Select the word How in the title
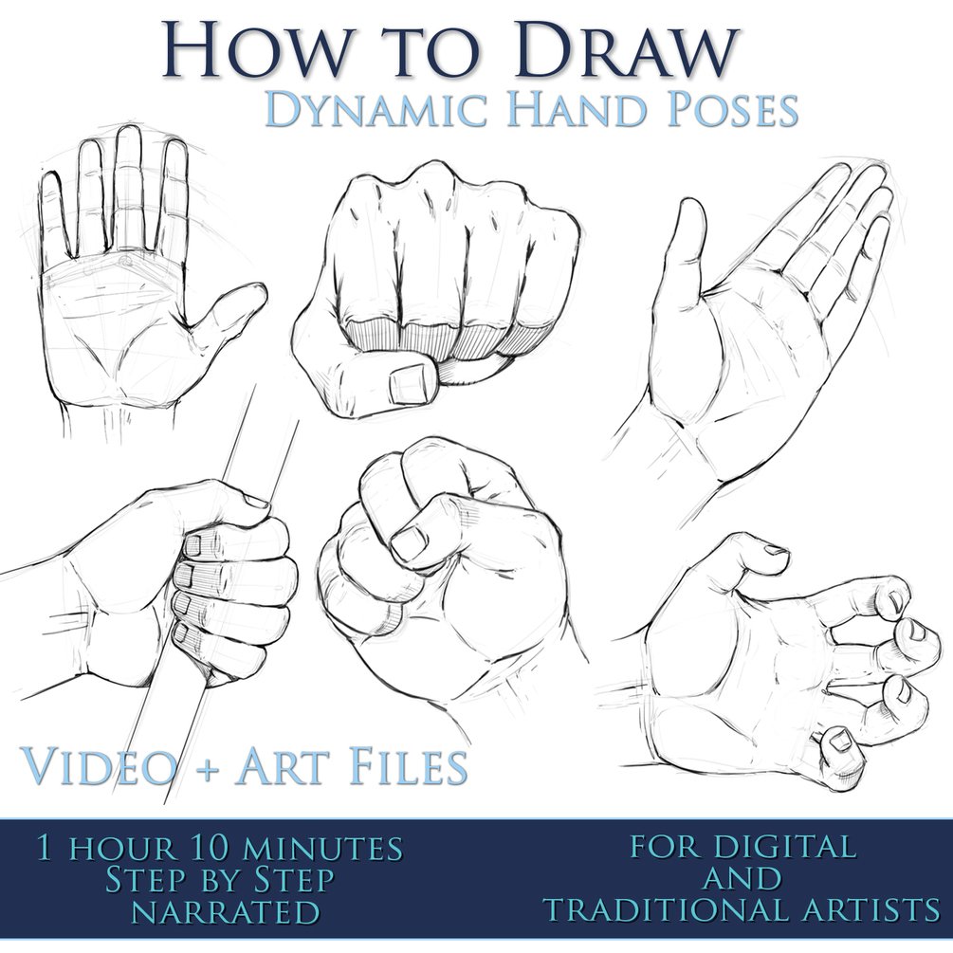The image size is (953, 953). (251, 49)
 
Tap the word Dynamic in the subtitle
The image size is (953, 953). (376, 109)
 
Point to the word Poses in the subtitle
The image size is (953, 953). (732, 109)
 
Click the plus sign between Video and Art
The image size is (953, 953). (207, 768)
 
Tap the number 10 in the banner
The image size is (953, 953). (211, 848)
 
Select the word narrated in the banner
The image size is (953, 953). (226, 911)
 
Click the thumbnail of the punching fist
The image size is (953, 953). (412, 383)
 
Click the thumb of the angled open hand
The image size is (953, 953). (685, 243)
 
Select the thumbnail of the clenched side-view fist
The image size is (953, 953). (409, 542)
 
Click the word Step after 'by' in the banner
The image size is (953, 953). (294, 879)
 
